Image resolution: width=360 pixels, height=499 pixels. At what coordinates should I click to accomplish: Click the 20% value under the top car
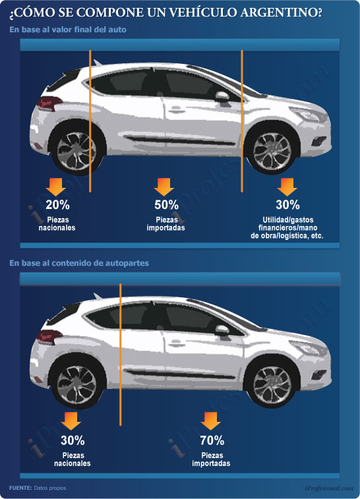(x=57, y=204)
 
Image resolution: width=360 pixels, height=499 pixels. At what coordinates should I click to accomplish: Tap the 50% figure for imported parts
(x=166, y=204)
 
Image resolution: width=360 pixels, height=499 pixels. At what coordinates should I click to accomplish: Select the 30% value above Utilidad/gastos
(x=287, y=204)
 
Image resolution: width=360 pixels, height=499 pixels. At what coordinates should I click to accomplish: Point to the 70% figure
(x=212, y=440)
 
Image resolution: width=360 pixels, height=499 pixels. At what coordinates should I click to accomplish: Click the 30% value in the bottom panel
(x=73, y=440)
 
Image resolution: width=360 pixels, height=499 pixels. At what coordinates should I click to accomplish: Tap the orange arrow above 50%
(x=164, y=187)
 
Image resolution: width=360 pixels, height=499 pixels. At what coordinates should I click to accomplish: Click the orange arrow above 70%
(x=210, y=421)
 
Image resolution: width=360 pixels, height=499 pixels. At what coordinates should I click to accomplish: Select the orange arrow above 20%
(x=55, y=187)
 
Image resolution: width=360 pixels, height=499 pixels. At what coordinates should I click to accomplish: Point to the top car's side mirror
(x=222, y=96)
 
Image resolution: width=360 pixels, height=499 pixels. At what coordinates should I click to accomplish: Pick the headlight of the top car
(x=309, y=114)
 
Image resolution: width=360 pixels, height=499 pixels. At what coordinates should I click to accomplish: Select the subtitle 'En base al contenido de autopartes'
(x=79, y=263)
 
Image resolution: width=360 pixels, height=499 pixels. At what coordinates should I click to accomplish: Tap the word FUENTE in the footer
(x=20, y=488)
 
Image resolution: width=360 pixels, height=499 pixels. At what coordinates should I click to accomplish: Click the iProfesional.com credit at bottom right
(x=329, y=488)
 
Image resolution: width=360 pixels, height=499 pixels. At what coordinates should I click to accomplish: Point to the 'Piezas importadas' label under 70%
(x=211, y=459)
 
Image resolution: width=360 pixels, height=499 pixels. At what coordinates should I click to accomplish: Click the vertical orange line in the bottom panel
(x=120, y=355)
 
